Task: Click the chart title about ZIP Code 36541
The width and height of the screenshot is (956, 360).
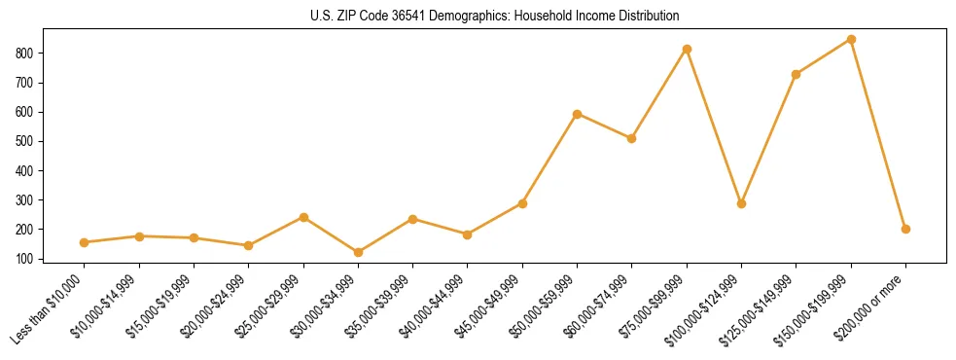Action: (x=478, y=17)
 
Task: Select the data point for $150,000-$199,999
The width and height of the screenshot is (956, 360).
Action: (x=851, y=40)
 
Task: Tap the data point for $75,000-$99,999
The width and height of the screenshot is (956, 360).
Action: (x=687, y=49)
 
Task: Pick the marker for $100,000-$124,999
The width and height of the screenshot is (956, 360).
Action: (x=741, y=203)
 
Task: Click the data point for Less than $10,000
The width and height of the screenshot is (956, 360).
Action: (x=84, y=242)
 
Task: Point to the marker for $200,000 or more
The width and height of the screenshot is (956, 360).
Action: (x=905, y=229)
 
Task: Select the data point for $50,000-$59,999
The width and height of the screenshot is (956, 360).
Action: (x=577, y=114)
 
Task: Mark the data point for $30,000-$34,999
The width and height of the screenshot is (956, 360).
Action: (x=358, y=252)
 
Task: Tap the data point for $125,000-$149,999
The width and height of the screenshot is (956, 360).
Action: (x=796, y=74)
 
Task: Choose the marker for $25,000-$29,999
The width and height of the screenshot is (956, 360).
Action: (x=303, y=217)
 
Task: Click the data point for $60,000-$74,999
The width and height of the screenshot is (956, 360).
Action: (x=632, y=138)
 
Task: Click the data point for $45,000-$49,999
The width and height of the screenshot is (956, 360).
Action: (x=522, y=203)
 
